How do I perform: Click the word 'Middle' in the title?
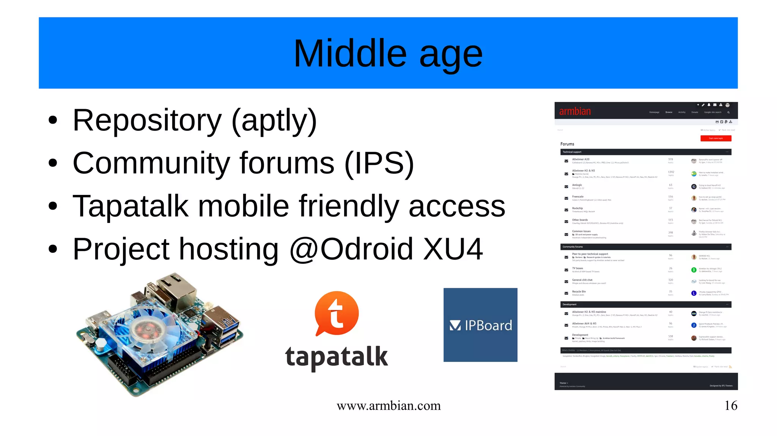[350, 53]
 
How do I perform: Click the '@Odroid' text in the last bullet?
[351, 249]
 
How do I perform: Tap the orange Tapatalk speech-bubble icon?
[336, 313]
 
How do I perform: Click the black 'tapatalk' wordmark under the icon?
[336, 356]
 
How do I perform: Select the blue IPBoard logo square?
[480, 325]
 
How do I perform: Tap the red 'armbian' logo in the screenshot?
[575, 111]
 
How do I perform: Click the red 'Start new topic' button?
[716, 138]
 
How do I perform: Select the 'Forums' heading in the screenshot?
[567, 144]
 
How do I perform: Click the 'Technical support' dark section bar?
[645, 152]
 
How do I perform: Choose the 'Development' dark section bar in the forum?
[645, 304]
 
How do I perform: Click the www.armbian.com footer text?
[388, 406]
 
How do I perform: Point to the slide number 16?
[731, 406]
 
